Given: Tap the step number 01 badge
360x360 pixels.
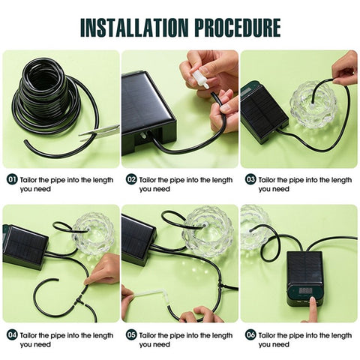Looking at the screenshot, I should pyautogui.click(x=11, y=180).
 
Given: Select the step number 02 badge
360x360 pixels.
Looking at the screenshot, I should pyautogui.click(x=130, y=180).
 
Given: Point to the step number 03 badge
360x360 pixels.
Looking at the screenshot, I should pyautogui.click(x=250, y=180).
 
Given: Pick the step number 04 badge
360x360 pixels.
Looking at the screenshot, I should pyautogui.click(x=11, y=335).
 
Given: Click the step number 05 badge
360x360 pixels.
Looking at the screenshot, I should pyautogui.click(x=130, y=335).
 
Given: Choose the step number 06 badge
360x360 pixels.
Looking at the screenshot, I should pyautogui.click(x=250, y=335).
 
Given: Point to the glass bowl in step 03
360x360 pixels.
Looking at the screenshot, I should pyautogui.click(x=313, y=101).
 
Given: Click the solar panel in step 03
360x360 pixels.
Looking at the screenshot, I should pyautogui.click(x=263, y=112).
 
